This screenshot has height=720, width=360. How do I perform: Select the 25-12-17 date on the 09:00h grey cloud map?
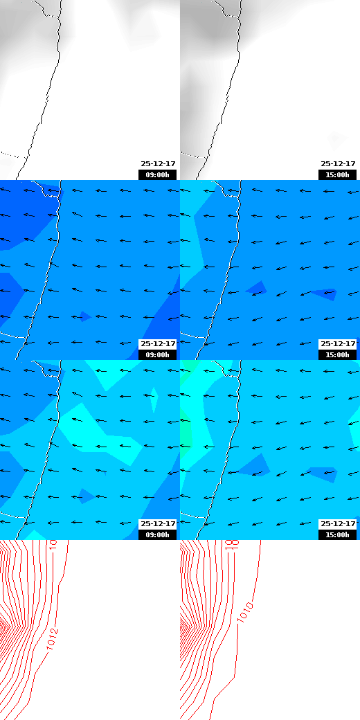(158, 164)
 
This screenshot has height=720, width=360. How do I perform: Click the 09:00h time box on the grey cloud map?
(158, 174)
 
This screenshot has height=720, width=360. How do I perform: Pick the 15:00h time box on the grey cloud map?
(338, 174)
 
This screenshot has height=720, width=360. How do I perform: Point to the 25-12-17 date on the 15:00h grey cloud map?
(338, 164)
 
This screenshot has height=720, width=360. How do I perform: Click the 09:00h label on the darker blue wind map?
(158, 354)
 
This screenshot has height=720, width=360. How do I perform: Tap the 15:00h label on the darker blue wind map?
(338, 354)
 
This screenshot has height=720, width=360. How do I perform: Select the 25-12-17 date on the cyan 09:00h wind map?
(158, 524)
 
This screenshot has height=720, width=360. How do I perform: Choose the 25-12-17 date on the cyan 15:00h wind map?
(338, 524)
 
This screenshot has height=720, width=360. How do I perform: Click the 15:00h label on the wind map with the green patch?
(338, 534)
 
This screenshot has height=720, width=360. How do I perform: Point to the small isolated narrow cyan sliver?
(154, 399)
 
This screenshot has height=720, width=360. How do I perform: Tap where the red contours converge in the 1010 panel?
(184, 627)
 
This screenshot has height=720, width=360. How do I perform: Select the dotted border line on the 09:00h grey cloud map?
(10, 153)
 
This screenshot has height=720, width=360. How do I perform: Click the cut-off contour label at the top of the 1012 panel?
(53, 544)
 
